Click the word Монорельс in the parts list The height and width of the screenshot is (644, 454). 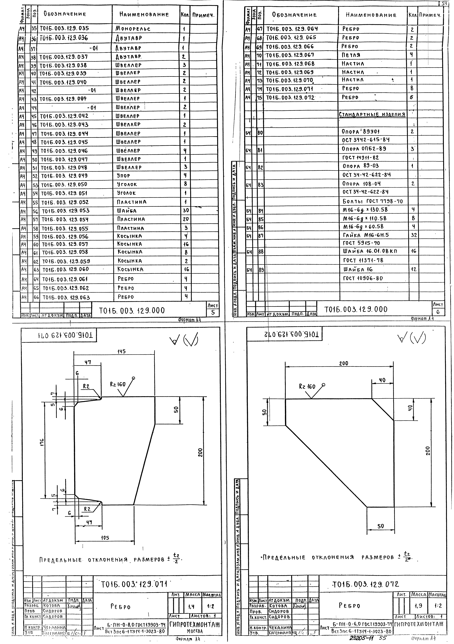(x=133, y=29)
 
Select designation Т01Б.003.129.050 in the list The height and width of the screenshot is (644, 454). (x=64, y=185)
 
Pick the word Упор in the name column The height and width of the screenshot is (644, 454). (x=123, y=176)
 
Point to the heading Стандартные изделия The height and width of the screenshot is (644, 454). (x=372, y=114)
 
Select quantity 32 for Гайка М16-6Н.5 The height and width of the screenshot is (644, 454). (x=414, y=235)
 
